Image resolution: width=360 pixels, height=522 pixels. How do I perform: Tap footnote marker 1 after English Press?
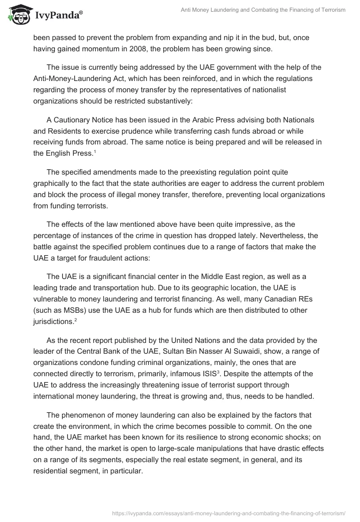click(94, 152)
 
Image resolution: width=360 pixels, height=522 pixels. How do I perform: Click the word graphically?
click(54, 184)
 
